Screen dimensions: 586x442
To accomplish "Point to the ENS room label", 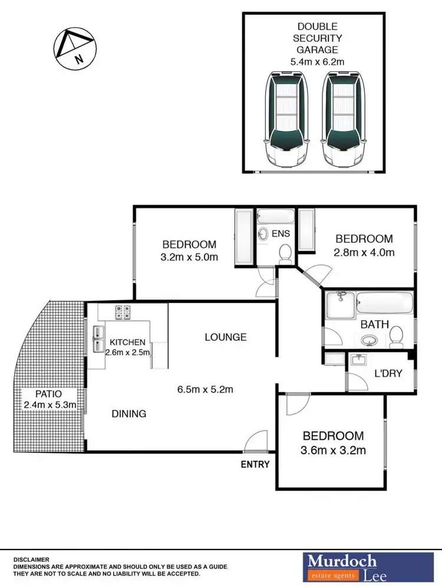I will (x=281, y=234).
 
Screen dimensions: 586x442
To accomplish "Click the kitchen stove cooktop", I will (x=123, y=312).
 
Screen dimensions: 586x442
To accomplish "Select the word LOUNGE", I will (x=226, y=337).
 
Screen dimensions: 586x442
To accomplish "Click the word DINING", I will (x=129, y=414).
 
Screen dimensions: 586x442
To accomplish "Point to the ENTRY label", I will (x=255, y=465).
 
